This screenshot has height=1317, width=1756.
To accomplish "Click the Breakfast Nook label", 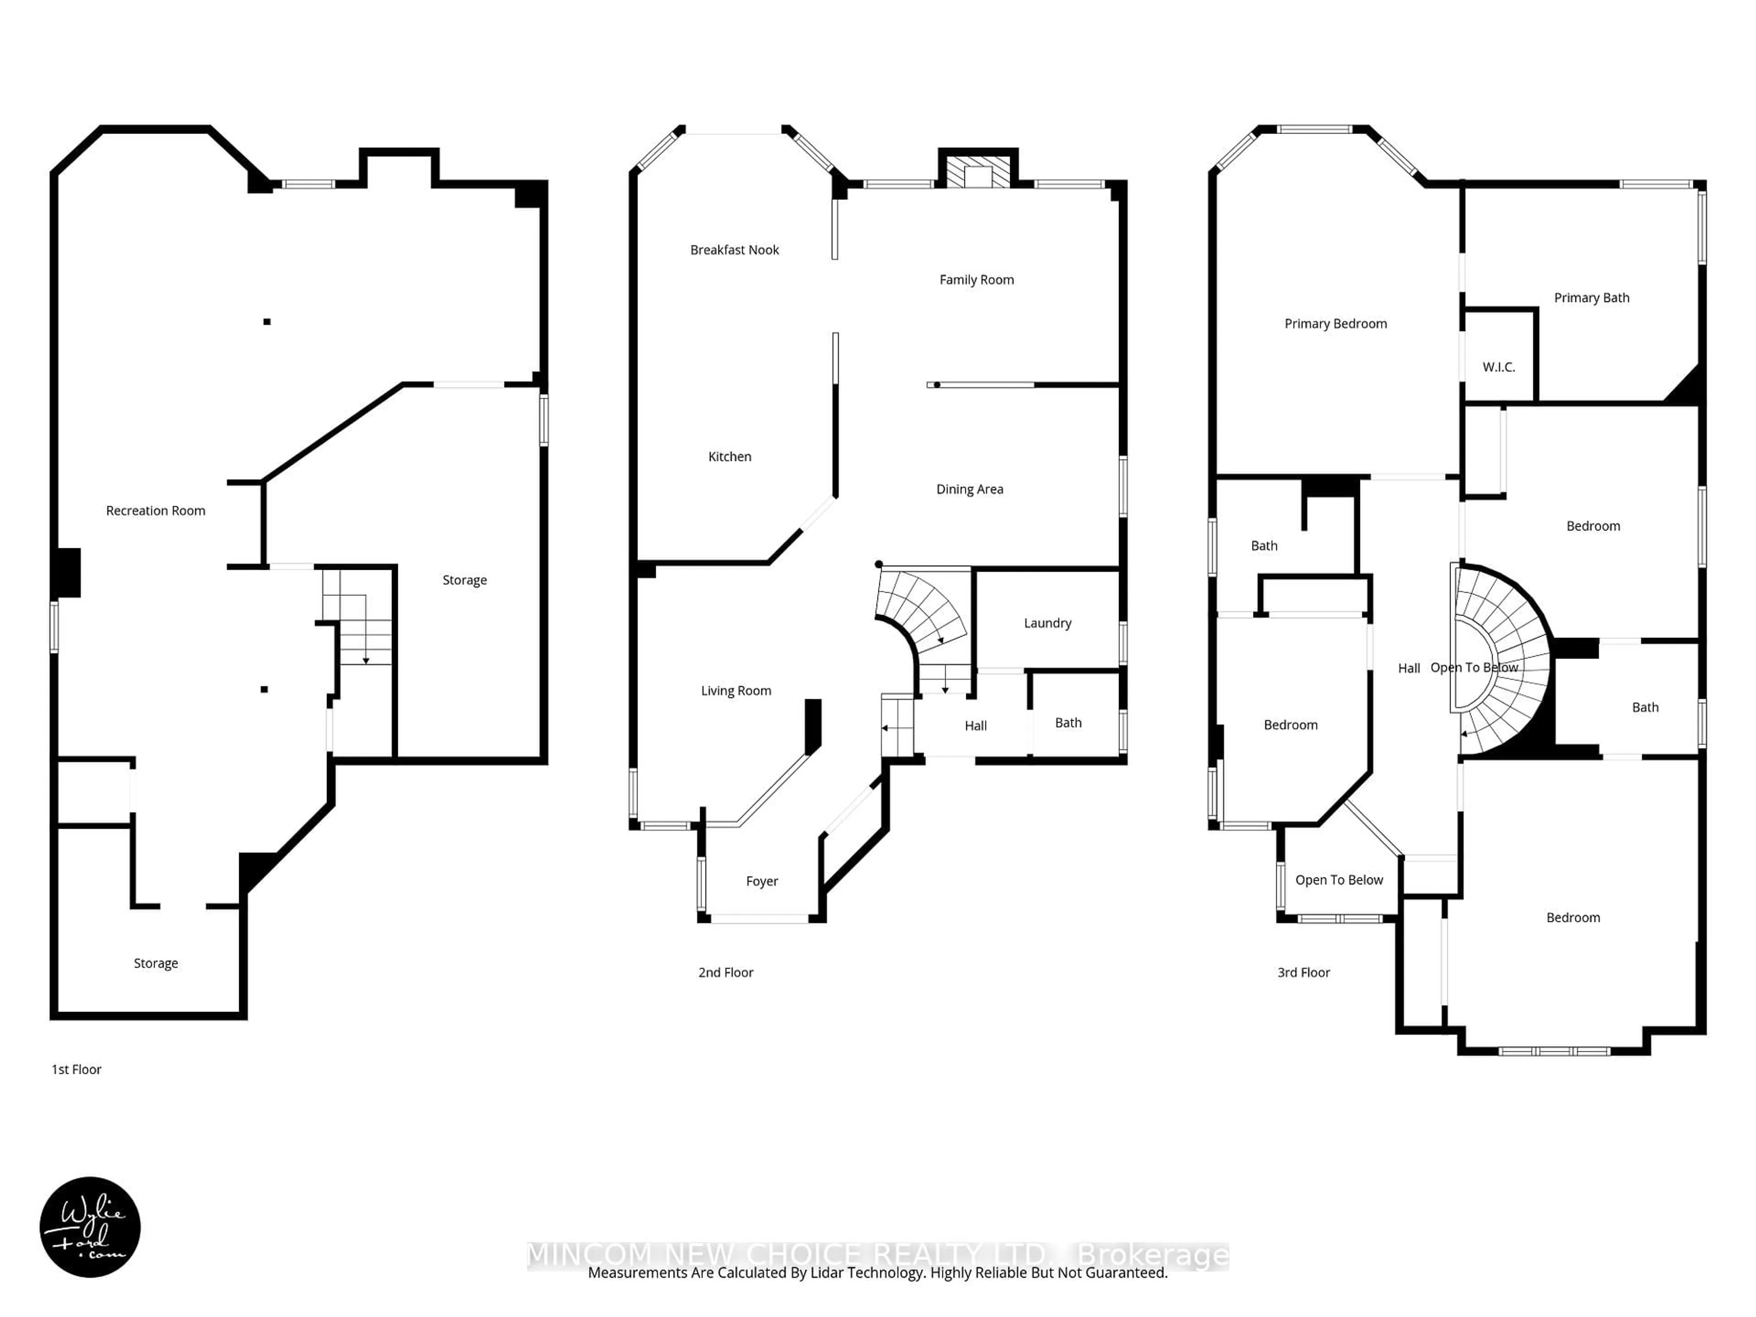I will (x=734, y=250).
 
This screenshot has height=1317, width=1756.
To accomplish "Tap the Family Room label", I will (x=976, y=279).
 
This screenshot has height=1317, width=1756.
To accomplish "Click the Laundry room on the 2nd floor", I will (x=1047, y=623).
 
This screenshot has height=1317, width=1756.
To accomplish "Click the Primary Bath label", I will (x=1591, y=298).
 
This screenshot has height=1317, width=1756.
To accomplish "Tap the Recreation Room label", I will (x=155, y=510).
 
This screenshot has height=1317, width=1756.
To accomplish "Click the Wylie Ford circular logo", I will (x=90, y=1226).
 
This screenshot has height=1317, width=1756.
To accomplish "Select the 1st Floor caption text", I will (x=76, y=1069).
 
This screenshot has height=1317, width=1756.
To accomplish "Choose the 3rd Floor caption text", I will (x=1303, y=973).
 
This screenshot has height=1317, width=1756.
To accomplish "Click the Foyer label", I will (x=761, y=881).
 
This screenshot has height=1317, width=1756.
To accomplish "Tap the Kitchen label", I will (x=729, y=456).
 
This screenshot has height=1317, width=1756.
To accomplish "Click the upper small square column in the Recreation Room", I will (x=267, y=321).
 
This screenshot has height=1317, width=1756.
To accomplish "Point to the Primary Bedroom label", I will (x=1335, y=324).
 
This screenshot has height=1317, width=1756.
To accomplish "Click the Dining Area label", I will (x=969, y=489).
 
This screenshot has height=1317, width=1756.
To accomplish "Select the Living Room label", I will (x=736, y=691).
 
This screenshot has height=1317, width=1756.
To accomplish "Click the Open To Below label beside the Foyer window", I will (x=1338, y=879).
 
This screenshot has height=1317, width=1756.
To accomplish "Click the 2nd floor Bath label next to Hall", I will (x=1068, y=723).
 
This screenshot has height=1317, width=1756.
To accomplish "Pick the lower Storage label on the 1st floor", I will (x=155, y=963).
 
